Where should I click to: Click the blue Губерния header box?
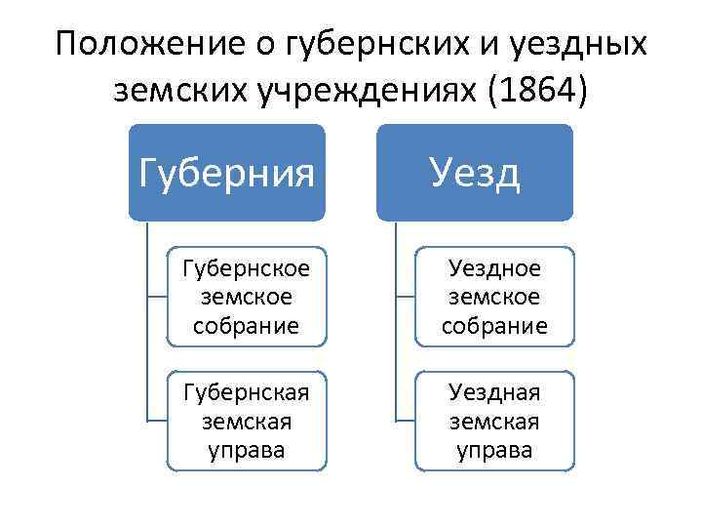click(226, 172)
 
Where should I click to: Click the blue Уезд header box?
click(475, 172)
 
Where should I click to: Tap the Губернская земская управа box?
click(247, 421)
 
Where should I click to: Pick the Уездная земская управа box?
click(494, 421)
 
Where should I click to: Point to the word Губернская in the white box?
click(247, 392)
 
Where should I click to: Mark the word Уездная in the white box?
click(494, 392)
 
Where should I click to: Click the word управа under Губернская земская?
click(247, 450)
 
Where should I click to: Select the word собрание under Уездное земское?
click(494, 325)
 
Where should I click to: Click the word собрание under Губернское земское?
click(247, 325)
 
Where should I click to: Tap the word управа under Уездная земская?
click(494, 450)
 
